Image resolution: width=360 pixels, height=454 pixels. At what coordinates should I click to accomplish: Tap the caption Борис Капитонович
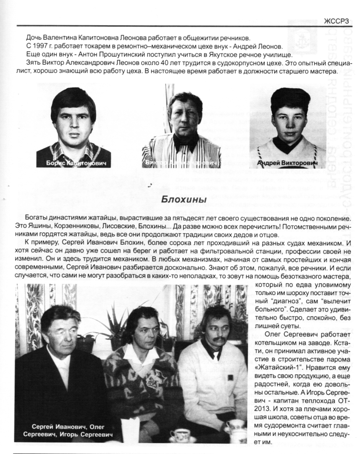(74, 163)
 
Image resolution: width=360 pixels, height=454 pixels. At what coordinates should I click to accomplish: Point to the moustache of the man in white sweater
(219, 338)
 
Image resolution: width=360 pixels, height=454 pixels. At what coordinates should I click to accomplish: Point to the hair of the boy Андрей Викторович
(290, 99)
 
